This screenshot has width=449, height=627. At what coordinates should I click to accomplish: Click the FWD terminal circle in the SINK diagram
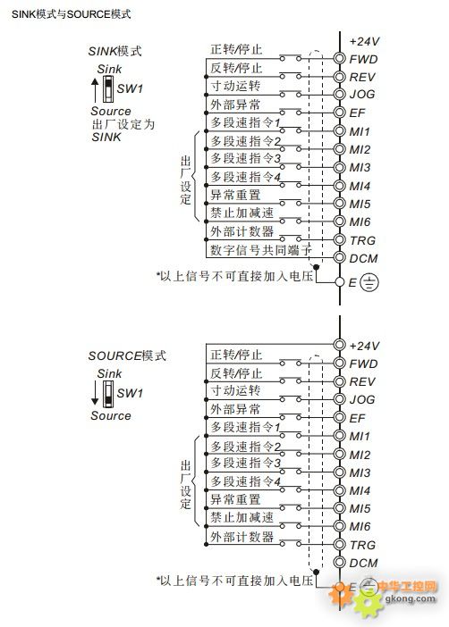point(339,58)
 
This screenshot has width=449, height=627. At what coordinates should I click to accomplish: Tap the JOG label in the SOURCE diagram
point(362,399)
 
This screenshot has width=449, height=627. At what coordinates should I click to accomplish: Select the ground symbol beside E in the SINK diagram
point(369,282)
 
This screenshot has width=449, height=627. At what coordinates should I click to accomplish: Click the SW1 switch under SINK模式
point(107,89)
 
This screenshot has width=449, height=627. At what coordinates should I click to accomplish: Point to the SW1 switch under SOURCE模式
point(107,394)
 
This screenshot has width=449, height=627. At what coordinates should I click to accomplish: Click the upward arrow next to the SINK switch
point(95,90)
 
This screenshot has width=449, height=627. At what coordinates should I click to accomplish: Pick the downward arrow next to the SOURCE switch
point(95,394)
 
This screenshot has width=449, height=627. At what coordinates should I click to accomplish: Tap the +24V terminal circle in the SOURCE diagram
point(339,344)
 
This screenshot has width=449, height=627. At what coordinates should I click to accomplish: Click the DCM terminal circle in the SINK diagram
point(339,257)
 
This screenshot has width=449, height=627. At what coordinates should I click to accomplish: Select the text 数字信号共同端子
point(261,250)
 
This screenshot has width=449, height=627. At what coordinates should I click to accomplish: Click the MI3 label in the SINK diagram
point(360,167)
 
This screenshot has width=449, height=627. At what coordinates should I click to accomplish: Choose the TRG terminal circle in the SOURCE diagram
point(339,544)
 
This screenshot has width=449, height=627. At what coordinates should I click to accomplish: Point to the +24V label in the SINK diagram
point(364,41)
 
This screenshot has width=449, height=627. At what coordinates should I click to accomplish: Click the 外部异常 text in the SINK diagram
point(235,104)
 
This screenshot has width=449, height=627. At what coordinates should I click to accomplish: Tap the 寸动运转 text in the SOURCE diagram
point(235,390)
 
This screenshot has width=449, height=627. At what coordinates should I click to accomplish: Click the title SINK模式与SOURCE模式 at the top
point(72,14)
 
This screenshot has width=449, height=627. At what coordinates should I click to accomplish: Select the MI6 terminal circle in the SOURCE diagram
point(339,526)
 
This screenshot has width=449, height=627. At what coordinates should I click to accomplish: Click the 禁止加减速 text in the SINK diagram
point(241,213)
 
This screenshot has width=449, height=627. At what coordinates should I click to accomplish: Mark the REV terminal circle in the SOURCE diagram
point(339,380)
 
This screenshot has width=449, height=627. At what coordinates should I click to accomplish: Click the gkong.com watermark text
point(411,598)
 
